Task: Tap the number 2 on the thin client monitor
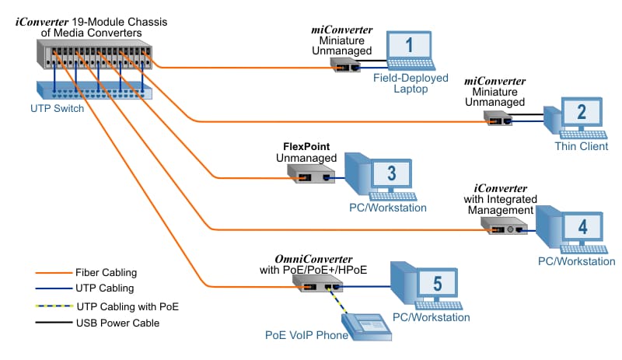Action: (581, 112)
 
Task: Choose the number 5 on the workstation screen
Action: (437, 283)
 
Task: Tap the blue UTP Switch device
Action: (94, 89)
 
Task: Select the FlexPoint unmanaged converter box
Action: (308, 176)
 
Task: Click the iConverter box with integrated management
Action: (504, 228)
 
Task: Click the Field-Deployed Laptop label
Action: (411, 83)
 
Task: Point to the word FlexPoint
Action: (309, 146)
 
